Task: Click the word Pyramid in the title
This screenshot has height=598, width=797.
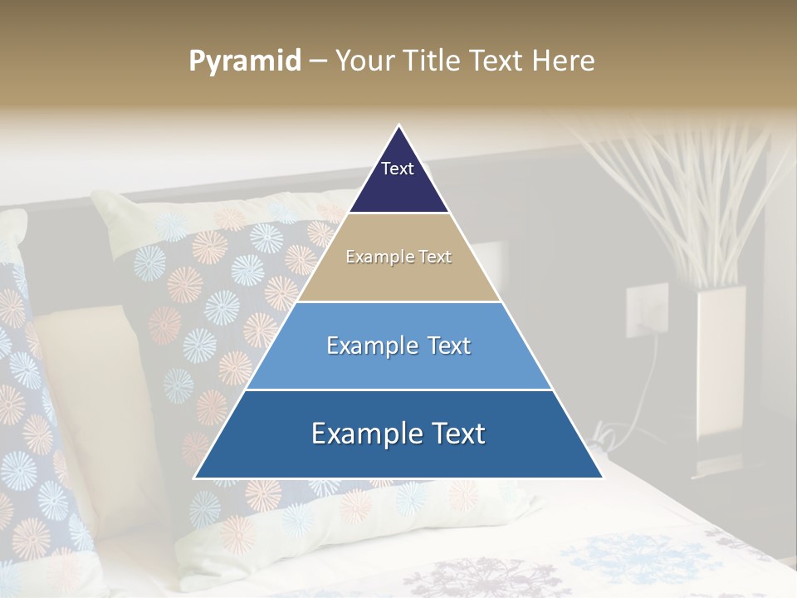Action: (x=245, y=61)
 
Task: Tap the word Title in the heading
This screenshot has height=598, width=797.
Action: (x=434, y=61)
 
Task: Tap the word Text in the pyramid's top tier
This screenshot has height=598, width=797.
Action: (x=398, y=169)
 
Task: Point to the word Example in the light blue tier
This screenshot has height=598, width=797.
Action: (x=363, y=346)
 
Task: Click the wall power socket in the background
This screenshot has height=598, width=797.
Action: (x=646, y=310)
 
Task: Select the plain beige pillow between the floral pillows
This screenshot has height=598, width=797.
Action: (x=91, y=374)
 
